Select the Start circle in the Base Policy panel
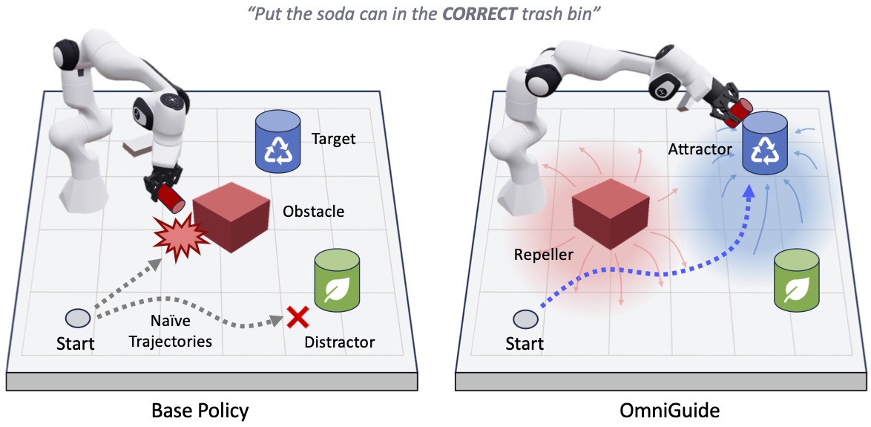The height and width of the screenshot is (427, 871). coord(77,318)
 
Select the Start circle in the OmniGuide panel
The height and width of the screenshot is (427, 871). coord(525,319)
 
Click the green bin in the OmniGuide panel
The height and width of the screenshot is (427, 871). coord(797,279)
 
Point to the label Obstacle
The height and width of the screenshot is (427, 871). coord(314,212)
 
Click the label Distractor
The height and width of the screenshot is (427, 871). coord(340,342)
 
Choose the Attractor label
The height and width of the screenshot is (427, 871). coord(701,150)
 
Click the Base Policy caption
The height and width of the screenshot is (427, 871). coord(200,410)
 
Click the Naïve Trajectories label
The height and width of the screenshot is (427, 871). coord(177,332)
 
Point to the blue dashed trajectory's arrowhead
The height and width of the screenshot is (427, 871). coord(749,191)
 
